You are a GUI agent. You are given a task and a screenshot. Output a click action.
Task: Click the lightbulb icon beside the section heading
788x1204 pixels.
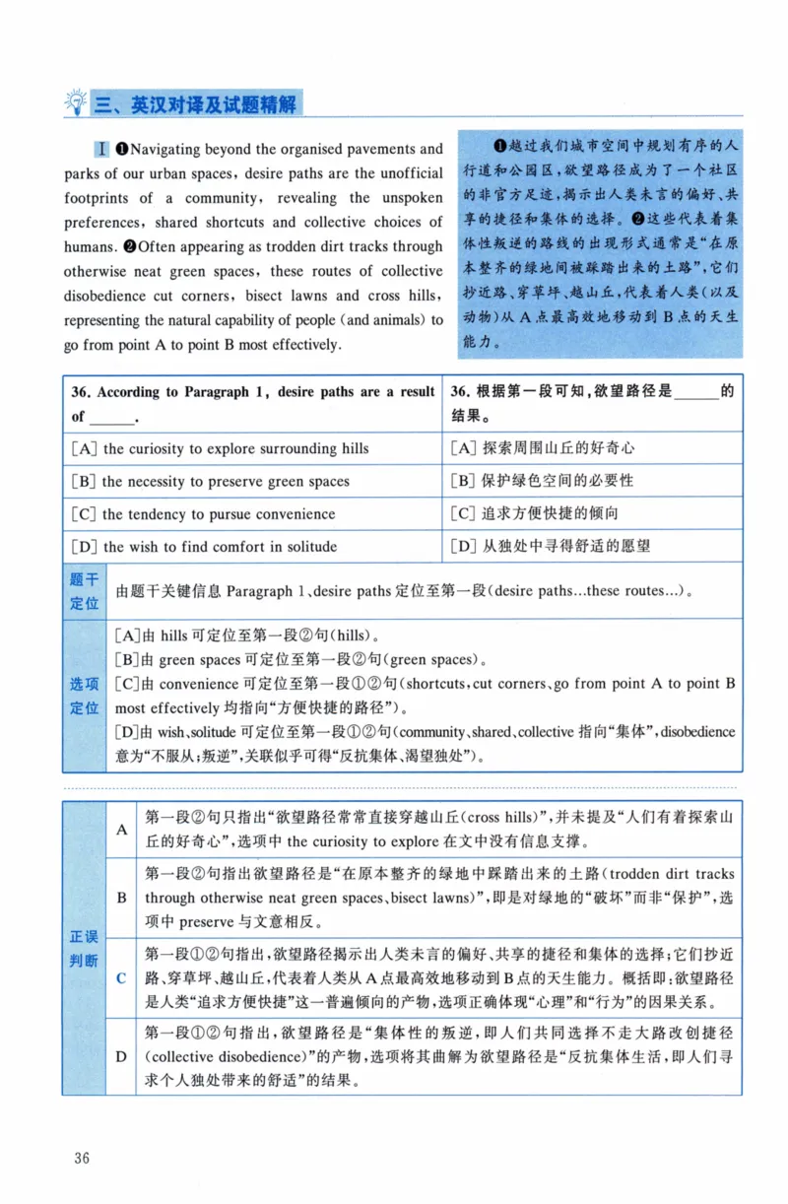point(75,101)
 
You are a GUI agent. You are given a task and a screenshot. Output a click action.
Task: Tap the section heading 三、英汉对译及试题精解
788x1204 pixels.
point(197,103)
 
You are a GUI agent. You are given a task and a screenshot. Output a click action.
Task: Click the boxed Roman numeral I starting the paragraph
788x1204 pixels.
point(101,150)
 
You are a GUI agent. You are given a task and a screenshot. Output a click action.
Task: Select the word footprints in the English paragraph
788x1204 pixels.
point(102,198)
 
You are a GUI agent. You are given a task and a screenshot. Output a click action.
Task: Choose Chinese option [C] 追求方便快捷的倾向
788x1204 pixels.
point(536,514)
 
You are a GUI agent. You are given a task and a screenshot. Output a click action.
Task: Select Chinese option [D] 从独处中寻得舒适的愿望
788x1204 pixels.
point(551,547)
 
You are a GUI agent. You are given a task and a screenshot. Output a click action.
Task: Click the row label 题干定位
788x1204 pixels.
point(84,591)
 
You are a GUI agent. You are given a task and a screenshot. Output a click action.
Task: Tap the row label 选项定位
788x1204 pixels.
point(84,696)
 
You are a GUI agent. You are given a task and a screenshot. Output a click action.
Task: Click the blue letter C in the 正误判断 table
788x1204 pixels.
point(121,978)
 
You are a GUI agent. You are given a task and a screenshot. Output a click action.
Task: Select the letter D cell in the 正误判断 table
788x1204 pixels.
point(121,1056)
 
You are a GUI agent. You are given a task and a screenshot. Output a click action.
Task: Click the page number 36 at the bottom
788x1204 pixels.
point(81,1158)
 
